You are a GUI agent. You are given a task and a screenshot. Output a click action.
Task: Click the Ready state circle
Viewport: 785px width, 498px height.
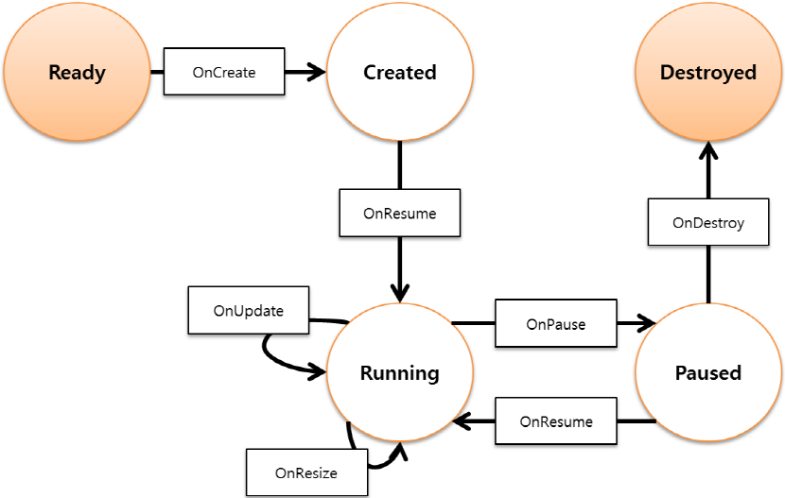[x=78, y=73]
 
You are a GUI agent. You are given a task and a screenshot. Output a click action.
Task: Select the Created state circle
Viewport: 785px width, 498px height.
[x=400, y=73]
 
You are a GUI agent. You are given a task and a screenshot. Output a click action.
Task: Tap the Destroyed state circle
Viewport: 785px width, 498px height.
[x=708, y=73]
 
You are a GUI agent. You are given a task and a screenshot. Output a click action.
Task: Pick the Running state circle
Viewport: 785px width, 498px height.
[x=400, y=372]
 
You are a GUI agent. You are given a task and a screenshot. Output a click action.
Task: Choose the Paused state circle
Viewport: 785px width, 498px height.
[x=708, y=372]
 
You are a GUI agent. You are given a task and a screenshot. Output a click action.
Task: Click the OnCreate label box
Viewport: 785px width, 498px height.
[x=223, y=72]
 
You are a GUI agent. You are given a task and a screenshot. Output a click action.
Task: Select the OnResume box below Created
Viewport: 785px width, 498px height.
[x=400, y=213]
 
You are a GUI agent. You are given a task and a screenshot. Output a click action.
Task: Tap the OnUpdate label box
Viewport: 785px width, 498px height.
[x=249, y=310]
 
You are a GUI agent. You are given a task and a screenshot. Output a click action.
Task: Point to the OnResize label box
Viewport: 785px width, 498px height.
[x=306, y=472]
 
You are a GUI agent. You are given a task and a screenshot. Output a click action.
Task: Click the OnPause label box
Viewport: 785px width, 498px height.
[x=555, y=324]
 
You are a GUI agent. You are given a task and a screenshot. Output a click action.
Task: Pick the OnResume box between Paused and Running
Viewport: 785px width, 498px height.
[x=556, y=421]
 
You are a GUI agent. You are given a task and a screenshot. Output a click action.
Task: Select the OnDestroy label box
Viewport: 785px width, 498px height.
[x=708, y=223]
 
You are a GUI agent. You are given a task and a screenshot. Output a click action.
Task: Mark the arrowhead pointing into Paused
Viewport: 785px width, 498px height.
[x=646, y=324]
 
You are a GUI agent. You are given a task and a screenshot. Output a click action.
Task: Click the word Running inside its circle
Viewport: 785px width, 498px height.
[x=400, y=372]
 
